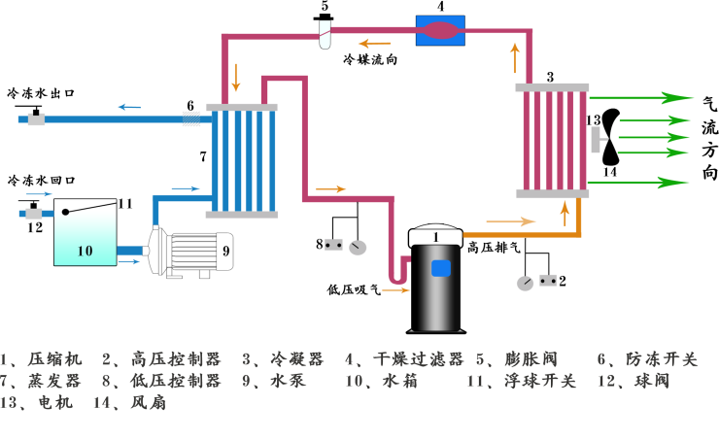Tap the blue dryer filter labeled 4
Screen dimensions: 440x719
pos(442,30)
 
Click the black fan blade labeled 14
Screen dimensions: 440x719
pos(610,137)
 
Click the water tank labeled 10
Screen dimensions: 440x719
pos(85,238)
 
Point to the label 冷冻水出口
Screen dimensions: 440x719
pos(41,93)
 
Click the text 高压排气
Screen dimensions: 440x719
pos(495,247)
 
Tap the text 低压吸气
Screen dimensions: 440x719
pos(354,288)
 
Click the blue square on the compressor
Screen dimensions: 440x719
pos(442,268)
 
